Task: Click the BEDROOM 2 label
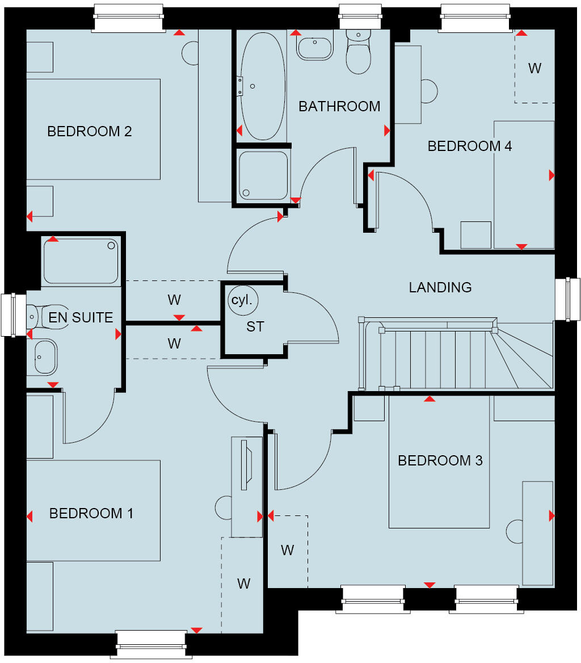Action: coord(90,132)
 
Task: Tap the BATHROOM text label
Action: coord(339,106)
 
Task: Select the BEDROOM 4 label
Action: coord(470,146)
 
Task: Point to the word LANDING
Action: coord(440,287)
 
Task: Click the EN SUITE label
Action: coord(81,317)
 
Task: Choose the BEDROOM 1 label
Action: coord(91,514)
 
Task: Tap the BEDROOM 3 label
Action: coord(440,460)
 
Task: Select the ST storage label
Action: coord(255,326)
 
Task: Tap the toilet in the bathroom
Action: coord(358,54)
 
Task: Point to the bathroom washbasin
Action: coord(315,48)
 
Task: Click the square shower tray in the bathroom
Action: coord(263,175)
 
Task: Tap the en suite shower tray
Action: coord(81,261)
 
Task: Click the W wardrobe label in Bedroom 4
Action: coord(534,69)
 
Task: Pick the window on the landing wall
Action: coord(567,299)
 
